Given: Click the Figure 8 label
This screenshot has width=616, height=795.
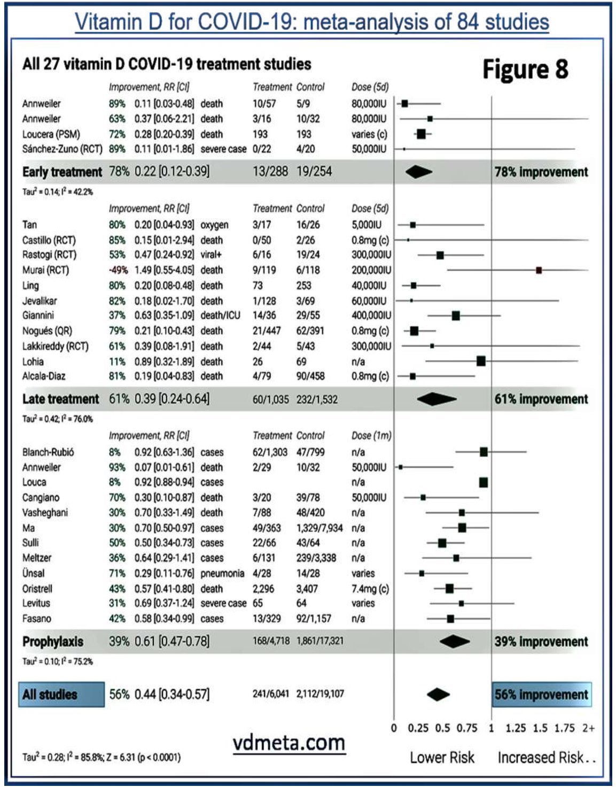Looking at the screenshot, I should click(525, 70).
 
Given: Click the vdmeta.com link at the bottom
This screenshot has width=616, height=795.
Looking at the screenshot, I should click(289, 743).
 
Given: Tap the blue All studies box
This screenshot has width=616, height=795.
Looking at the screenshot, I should click(61, 694).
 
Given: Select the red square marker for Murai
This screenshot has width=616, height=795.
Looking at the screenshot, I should click(539, 271).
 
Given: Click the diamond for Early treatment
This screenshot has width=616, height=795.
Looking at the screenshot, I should click(418, 172).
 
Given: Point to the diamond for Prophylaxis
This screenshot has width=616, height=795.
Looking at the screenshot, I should click(454, 642).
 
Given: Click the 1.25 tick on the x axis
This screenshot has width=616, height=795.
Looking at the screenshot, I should click(516, 728).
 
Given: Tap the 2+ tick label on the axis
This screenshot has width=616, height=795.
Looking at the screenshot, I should click(588, 728).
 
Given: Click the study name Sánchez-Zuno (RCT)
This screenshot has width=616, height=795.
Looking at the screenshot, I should click(62, 149).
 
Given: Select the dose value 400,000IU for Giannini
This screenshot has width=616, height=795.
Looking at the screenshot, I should click(371, 315).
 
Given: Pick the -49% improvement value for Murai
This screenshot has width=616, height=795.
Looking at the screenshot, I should click(118, 271).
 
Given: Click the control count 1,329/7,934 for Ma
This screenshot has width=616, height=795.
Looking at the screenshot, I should click(319, 528).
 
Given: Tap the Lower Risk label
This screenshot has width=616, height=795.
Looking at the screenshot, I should click(442, 758).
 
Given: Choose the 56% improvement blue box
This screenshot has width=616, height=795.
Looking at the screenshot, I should click(541, 694).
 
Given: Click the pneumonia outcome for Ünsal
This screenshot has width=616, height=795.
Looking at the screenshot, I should click(222, 574).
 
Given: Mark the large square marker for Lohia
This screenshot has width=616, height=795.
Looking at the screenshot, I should click(481, 361).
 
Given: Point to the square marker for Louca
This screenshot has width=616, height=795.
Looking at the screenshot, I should click(484, 483).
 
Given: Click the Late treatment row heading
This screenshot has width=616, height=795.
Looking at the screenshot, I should click(60, 399).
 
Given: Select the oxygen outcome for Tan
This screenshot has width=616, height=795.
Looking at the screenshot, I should click(214, 225).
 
